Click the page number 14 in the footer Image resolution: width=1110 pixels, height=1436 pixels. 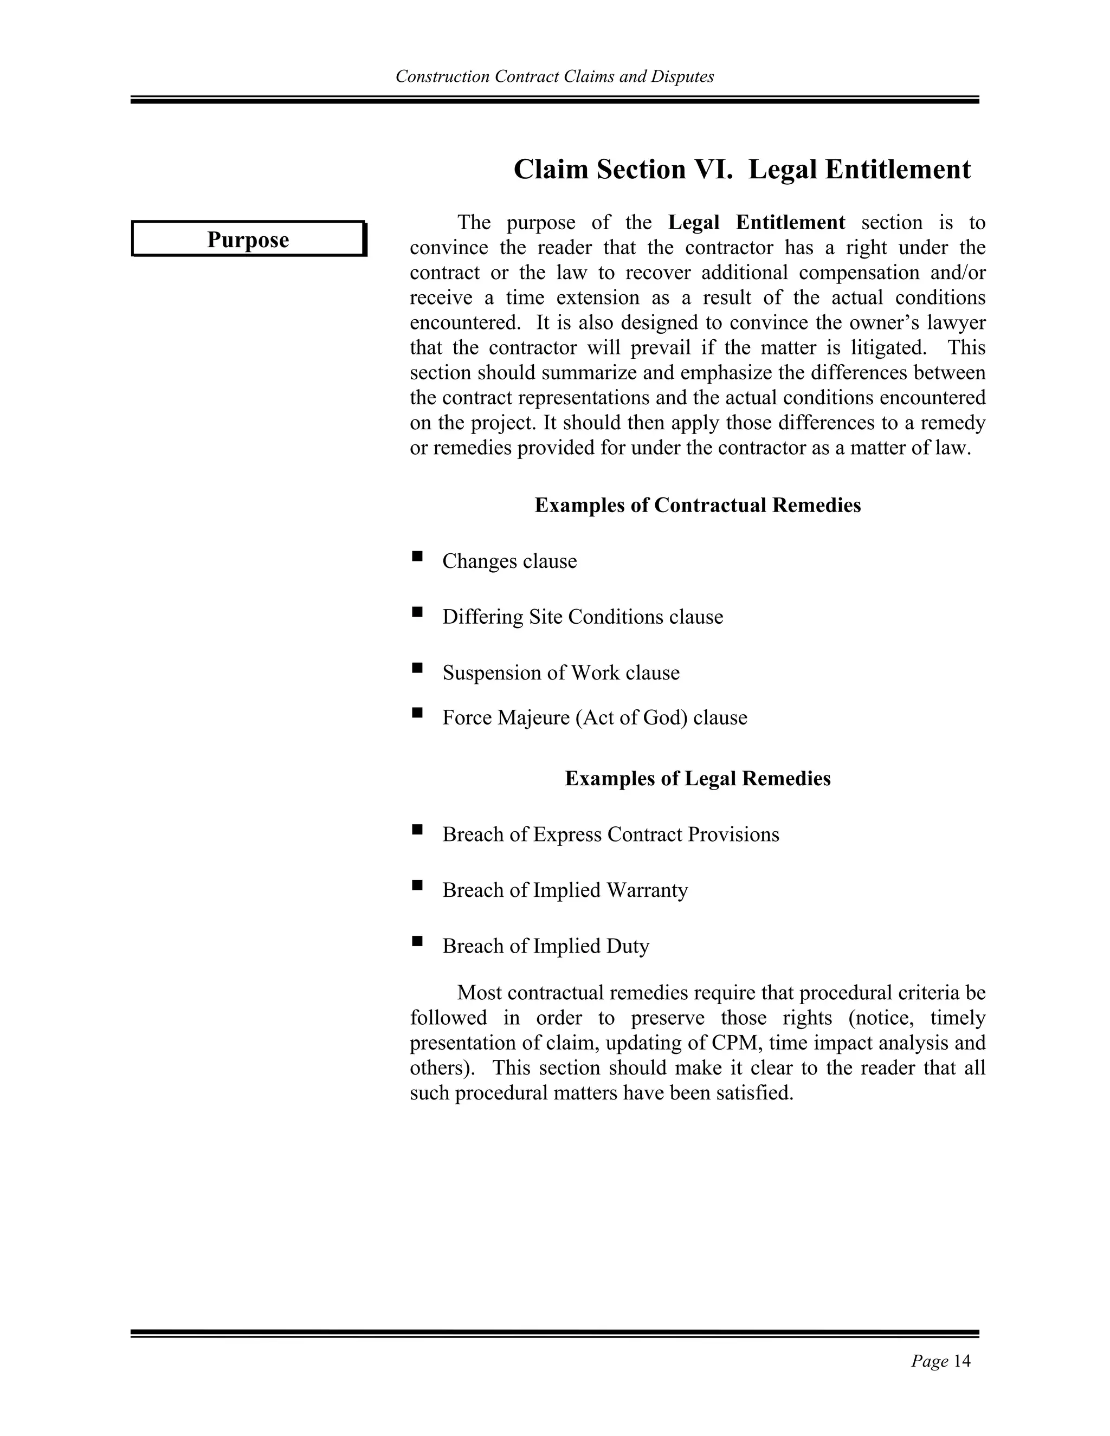point(961,1361)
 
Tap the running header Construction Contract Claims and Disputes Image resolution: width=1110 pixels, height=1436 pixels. point(554,77)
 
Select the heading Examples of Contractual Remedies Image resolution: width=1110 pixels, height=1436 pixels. point(697,505)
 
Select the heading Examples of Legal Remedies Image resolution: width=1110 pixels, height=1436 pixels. point(697,779)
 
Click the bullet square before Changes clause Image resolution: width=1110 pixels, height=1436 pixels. point(417,557)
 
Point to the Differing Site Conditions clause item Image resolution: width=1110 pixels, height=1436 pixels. point(582,617)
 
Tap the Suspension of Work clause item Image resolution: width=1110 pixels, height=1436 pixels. point(560,672)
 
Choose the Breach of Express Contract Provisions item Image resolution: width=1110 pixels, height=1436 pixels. point(610,835)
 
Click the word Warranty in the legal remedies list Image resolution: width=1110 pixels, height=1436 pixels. point(647,890)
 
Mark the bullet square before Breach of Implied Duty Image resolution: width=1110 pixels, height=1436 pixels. point(417,942)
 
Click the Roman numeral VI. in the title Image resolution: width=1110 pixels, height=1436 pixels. point(709,170)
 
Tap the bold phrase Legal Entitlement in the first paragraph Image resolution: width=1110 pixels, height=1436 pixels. point(756,223)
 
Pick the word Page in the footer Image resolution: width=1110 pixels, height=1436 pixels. point(929,1361)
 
